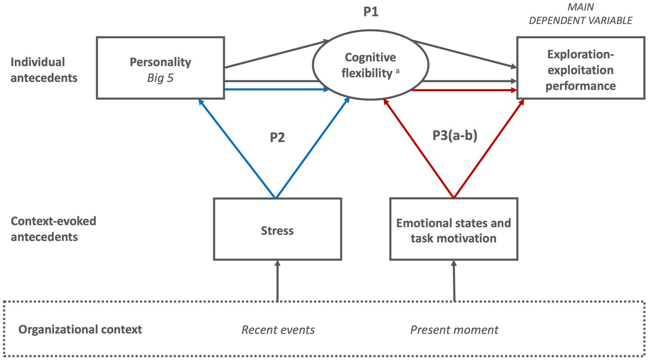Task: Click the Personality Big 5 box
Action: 160,68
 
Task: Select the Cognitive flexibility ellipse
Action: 370,65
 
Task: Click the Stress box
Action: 277,230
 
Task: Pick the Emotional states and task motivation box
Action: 453,230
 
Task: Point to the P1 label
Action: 371,12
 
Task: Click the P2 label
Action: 277,138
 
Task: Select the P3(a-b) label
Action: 455,136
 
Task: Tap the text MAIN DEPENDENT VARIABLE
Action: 580,14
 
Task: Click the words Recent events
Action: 278,330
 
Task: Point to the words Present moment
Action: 454,330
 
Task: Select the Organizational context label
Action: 80,330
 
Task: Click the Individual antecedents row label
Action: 44,70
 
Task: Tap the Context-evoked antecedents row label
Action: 53,229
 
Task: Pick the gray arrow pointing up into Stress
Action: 277,281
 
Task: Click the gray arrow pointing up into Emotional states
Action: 454,281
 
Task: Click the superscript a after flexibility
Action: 397,70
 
